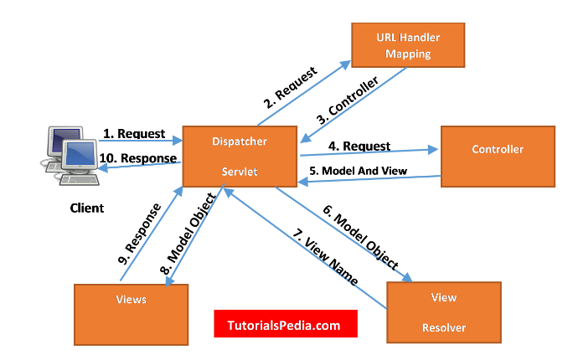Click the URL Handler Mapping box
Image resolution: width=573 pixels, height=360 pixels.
click(x=407, y=45)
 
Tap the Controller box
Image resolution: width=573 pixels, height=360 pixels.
click(x=497, y=150)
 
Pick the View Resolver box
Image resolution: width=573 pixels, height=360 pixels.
click(x=443, y=311)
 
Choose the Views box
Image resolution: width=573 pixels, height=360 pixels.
click(x=131, y=300)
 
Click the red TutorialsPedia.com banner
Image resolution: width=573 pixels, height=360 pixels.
click(x=285, y=323)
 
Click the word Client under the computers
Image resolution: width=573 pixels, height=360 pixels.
click(x=86, y=208)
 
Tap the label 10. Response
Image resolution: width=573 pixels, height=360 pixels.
click(x=138, y=158)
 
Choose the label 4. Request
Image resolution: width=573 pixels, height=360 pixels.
click(x=359, y=147)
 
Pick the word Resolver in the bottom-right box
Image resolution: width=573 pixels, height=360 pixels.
click(x=443, y=326)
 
